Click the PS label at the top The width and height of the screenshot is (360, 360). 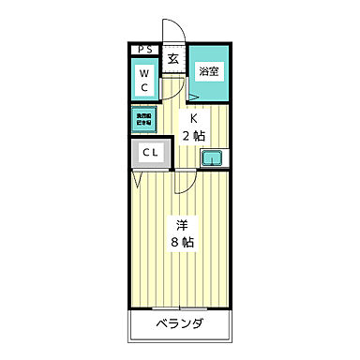point(144,50)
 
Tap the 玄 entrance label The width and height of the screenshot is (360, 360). point(174,58)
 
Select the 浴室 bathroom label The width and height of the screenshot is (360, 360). point(208,69)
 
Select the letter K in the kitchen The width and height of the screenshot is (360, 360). point(194,119)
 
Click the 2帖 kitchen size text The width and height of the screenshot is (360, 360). point(194,137)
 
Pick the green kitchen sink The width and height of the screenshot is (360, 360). point(213,157)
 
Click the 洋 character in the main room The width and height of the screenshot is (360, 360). point(182,225)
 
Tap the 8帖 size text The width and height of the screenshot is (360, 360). point(182,243)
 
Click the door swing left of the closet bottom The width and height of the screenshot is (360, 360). point(139,178)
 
